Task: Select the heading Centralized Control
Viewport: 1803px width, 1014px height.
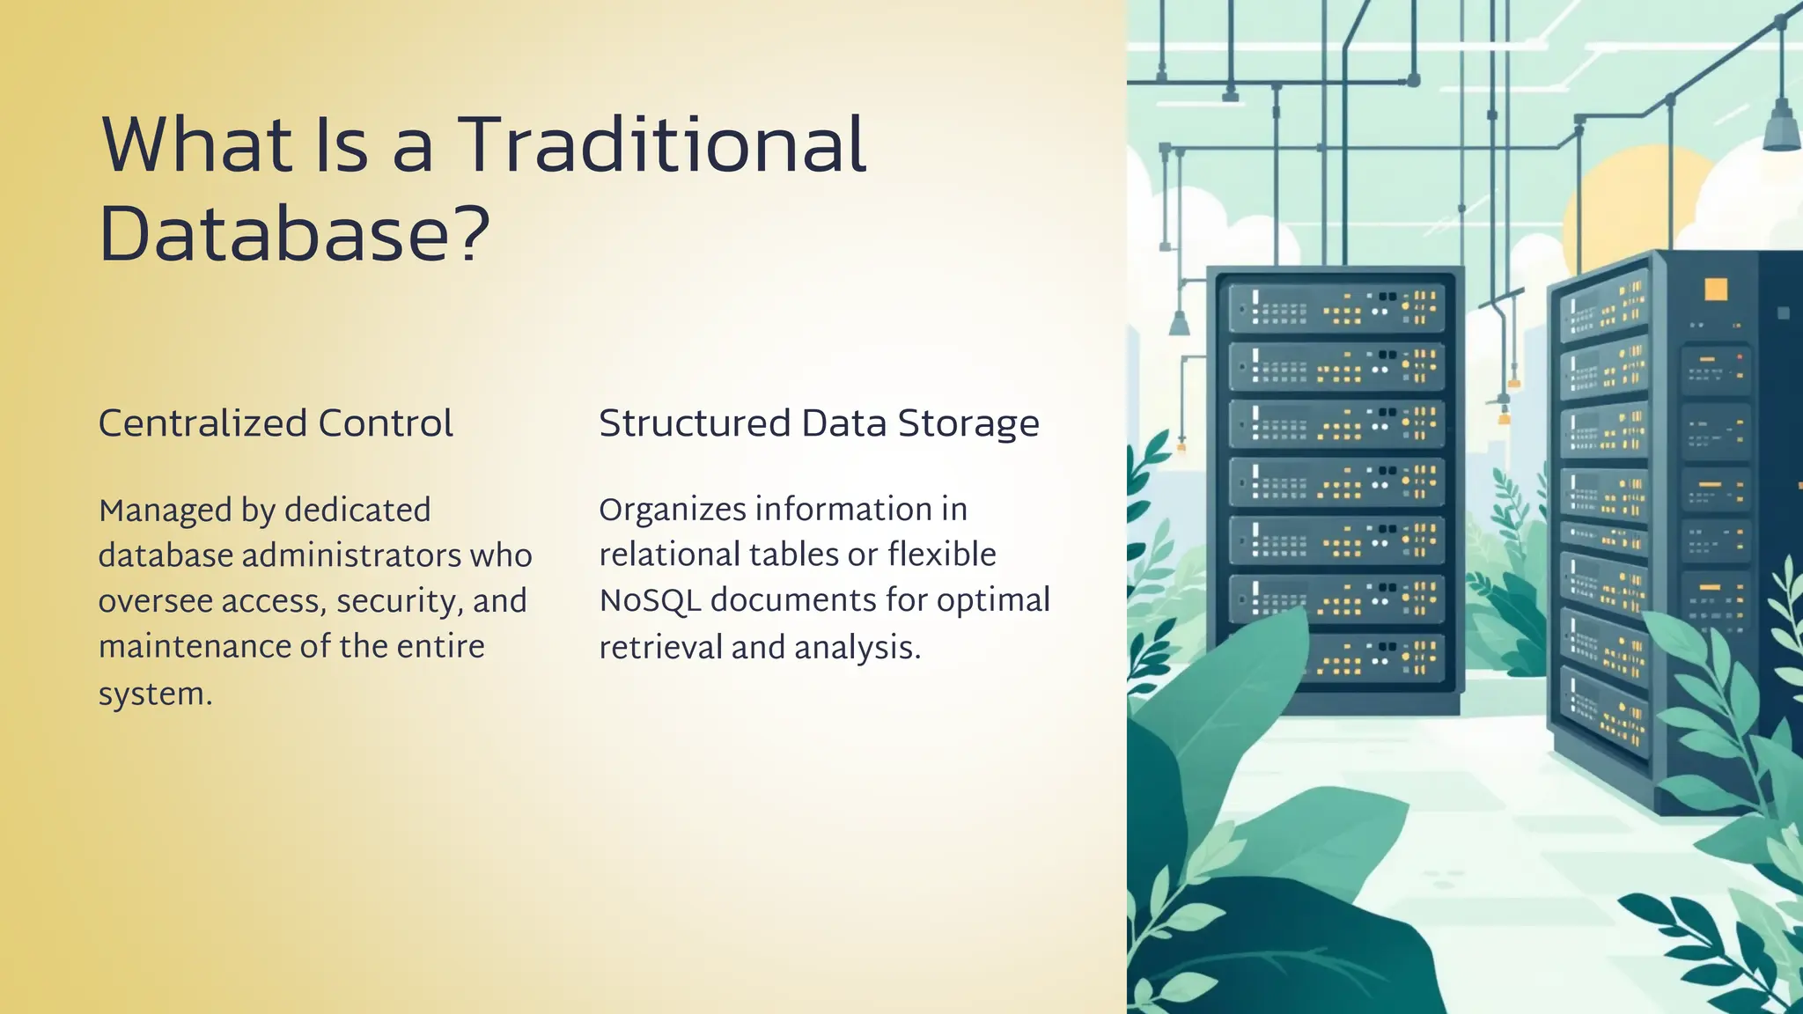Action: pyautogui.click(x=276, y=423)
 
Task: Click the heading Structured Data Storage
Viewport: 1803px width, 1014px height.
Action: pyautogui.click(x=819, y=423)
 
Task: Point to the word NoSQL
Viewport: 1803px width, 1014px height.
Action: pyautogui.click(x=650, y=600)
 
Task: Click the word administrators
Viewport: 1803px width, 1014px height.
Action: pyautogui.click(x=351, y=555)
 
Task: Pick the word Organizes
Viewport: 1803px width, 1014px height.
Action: pyautogui.click(x=672, y=510)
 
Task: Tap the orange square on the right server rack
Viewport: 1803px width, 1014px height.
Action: pyautogui.click(x=1716, y=290)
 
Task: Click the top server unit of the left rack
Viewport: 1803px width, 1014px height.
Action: pyautogui.click(x=1336, y=307)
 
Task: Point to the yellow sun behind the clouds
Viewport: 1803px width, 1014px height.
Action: pyautogui.click(x=1629, y=198)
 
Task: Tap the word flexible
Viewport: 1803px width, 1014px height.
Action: pyautogui.click(x=941, y=555)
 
